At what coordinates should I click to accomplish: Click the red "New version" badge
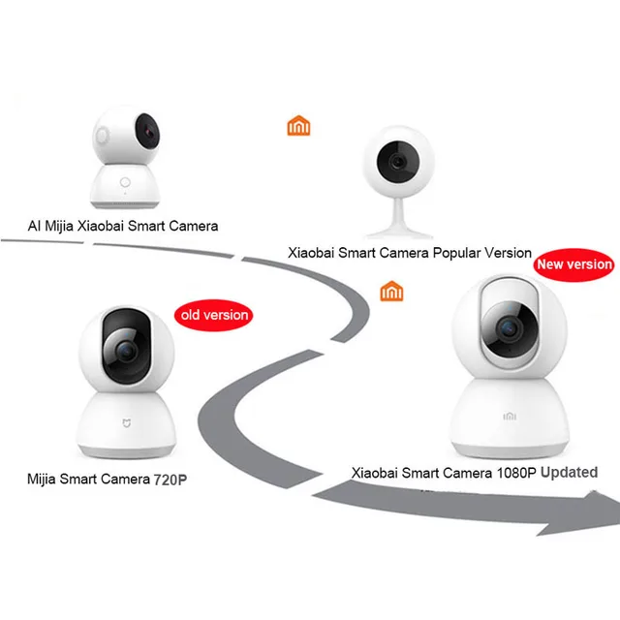(x=574, y=263)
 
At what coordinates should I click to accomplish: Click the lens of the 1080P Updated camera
(x=506, y=329)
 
